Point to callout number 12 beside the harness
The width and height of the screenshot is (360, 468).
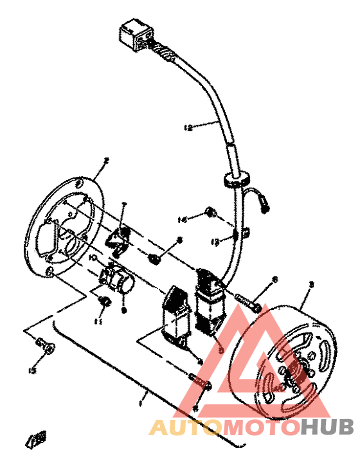tap(188, 127)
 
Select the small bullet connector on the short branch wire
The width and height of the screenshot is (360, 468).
tap(264, 206)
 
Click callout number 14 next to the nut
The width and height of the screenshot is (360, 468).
tap(183, 220)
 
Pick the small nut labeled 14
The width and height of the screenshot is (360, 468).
tap(209, 212)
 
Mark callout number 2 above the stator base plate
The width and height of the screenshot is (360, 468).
tap(107, 160)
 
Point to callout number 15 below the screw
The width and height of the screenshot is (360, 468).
tap(33, 370)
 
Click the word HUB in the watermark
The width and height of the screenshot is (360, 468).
tap(327, 428)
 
